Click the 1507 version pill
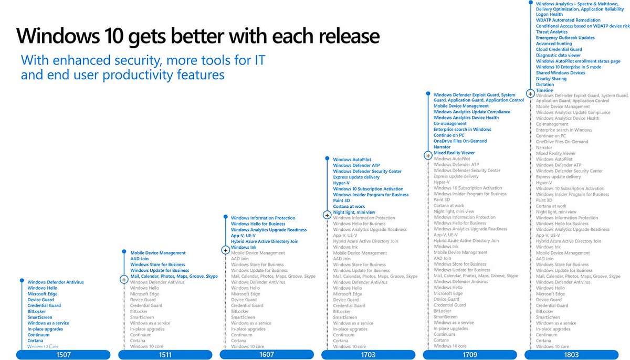[x=64, y=355]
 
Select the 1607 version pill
[x=267, y=355]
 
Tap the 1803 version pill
[x=571, y=355]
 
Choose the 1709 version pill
[x=470, y=355]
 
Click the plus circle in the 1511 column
[x=124, y=280]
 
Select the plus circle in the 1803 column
[x=530, y=93]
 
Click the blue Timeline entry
[x=544, y=90]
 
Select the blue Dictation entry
[x=545, y=84]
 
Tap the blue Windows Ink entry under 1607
[x=244, y=247]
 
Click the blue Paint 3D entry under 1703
[x=342, y=200]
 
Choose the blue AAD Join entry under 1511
[x=140, y=259]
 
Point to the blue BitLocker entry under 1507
[x=37, y=312]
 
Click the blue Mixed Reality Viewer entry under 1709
[x=454, y=153]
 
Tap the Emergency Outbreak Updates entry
[x=565, y=38]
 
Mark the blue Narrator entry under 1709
[x=442, y=147]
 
